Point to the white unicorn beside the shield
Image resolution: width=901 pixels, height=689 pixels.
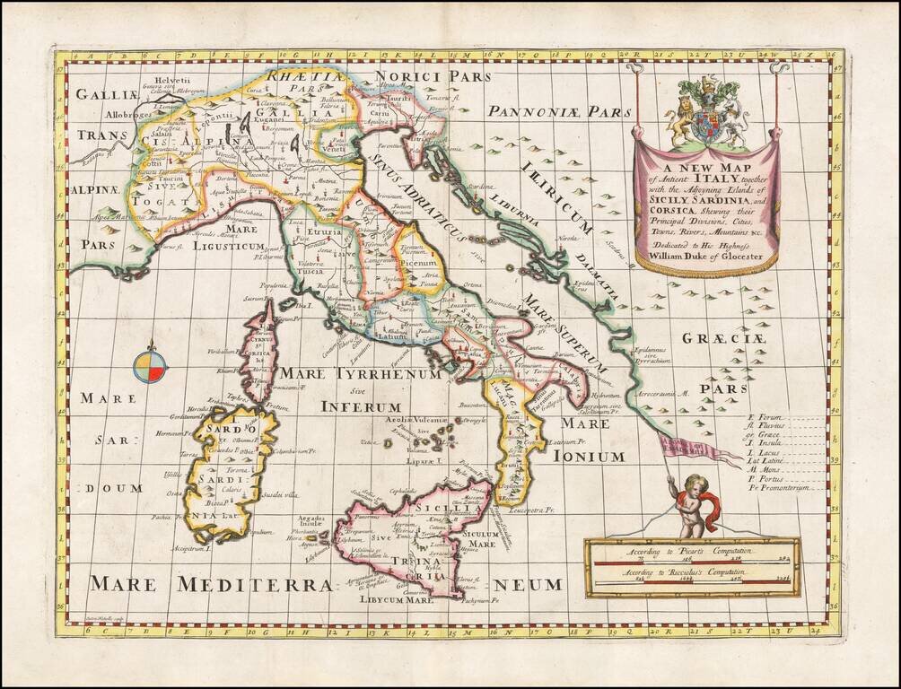tap(736, 124)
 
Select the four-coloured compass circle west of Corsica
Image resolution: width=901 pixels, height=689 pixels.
tap(151, 366)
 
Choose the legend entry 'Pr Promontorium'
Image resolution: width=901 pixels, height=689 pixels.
tap(777, 488)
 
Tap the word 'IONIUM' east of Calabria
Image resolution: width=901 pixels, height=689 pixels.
tap(592, 456)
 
